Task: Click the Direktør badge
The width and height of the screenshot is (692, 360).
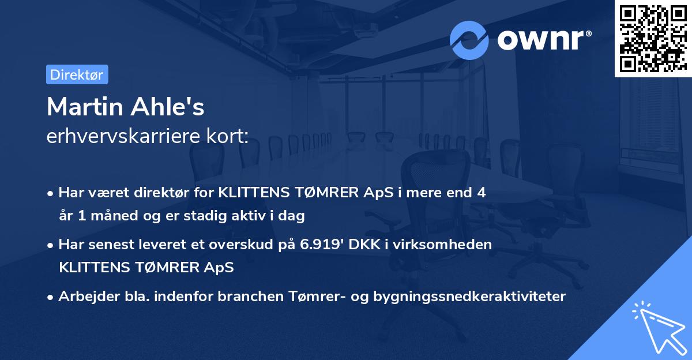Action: point(77,74)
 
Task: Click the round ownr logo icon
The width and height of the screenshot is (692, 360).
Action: point(469,40)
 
